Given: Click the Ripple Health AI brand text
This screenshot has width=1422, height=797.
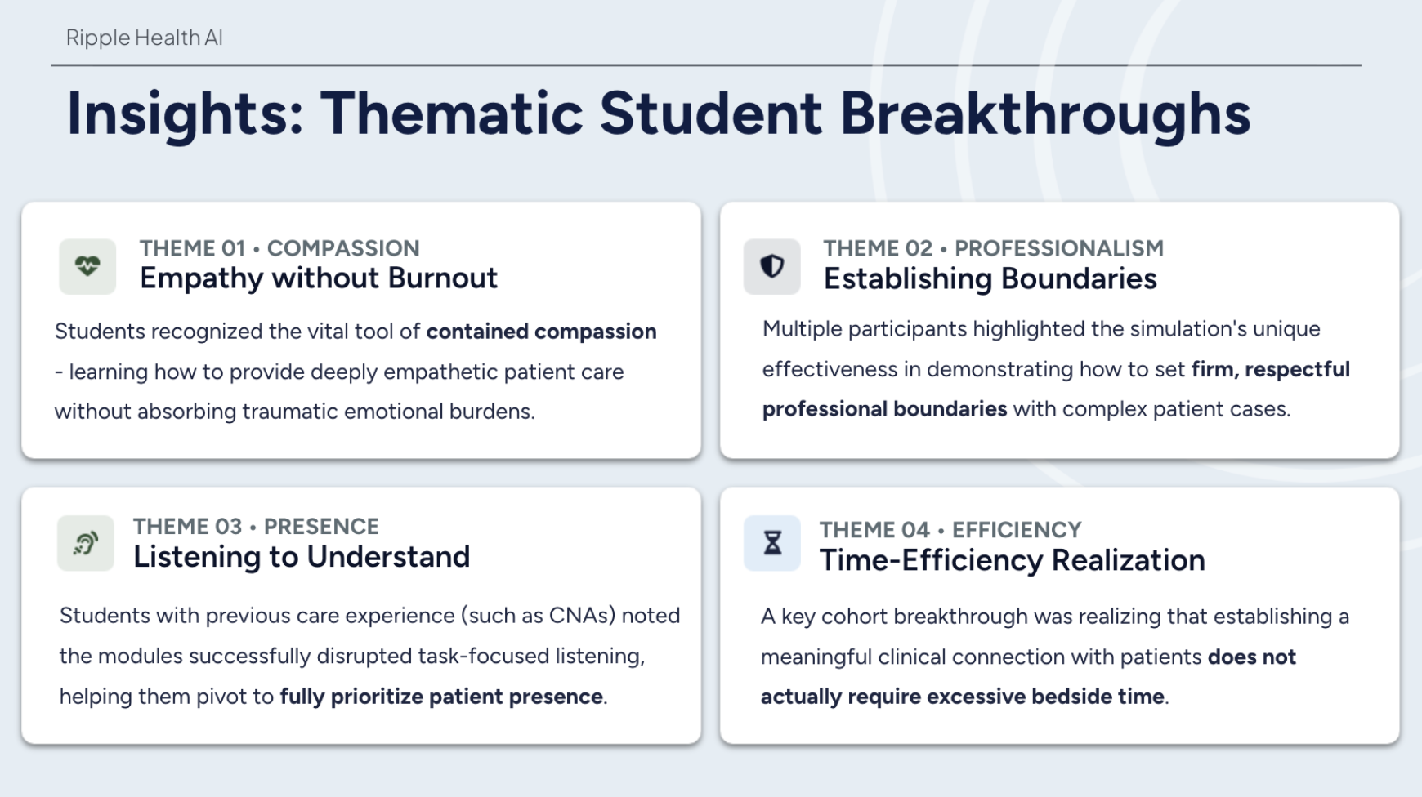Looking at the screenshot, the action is click(x=144, y=38).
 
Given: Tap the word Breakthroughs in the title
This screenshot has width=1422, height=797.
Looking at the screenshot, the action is click(x=1045, y=114).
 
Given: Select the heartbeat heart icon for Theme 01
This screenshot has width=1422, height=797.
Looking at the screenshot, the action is click(x=87, y=266).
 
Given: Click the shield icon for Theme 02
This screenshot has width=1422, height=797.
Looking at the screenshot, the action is click(x=772, y=266).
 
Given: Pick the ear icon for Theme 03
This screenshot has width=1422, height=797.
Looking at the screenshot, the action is click(x=86, y=543).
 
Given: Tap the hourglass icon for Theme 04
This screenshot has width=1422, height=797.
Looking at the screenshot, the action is click(x=772, y=543).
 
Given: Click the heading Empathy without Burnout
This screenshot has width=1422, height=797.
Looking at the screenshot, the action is click(x=319, y=278).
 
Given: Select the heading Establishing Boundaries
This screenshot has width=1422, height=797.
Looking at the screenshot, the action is click(x=990, y=279).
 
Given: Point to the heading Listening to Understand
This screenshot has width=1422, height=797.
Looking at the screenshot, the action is click(x=302, y=557).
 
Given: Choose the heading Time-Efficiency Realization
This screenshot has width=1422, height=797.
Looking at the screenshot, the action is click(x=1012, y=560).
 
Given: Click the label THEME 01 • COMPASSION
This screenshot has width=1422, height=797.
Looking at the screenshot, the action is click(x=279, y=248).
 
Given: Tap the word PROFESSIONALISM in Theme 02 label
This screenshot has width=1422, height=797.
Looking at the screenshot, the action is click(x=1059, y=248).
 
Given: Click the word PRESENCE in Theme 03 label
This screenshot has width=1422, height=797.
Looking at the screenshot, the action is click(x=321, y=527).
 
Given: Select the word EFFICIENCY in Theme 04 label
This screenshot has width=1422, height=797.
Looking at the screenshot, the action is click(x=1017, y=530).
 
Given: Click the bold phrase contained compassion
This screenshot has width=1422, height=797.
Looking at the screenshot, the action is click(x=541, y=332).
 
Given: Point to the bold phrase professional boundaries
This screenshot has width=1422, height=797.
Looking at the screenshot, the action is click(x=884, y=409).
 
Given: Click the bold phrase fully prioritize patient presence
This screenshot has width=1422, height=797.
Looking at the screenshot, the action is click(x=441, y=697).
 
